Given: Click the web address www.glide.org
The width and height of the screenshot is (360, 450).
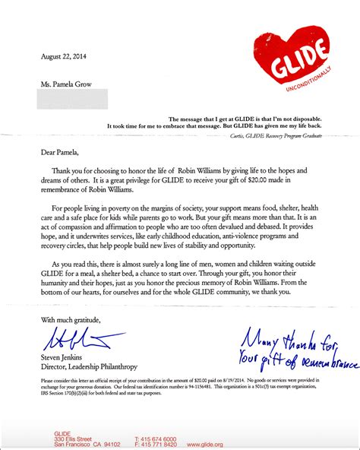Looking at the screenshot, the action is click(204, 444).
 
